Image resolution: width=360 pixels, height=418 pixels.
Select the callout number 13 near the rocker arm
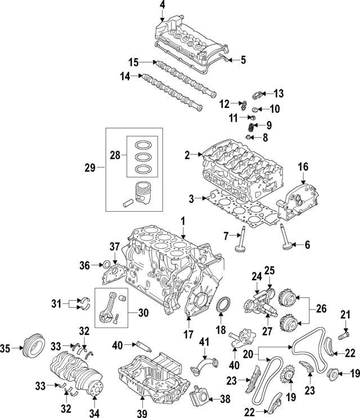click(x=280, y=93)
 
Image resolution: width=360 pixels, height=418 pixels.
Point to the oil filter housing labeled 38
click(x=200, y=400)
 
